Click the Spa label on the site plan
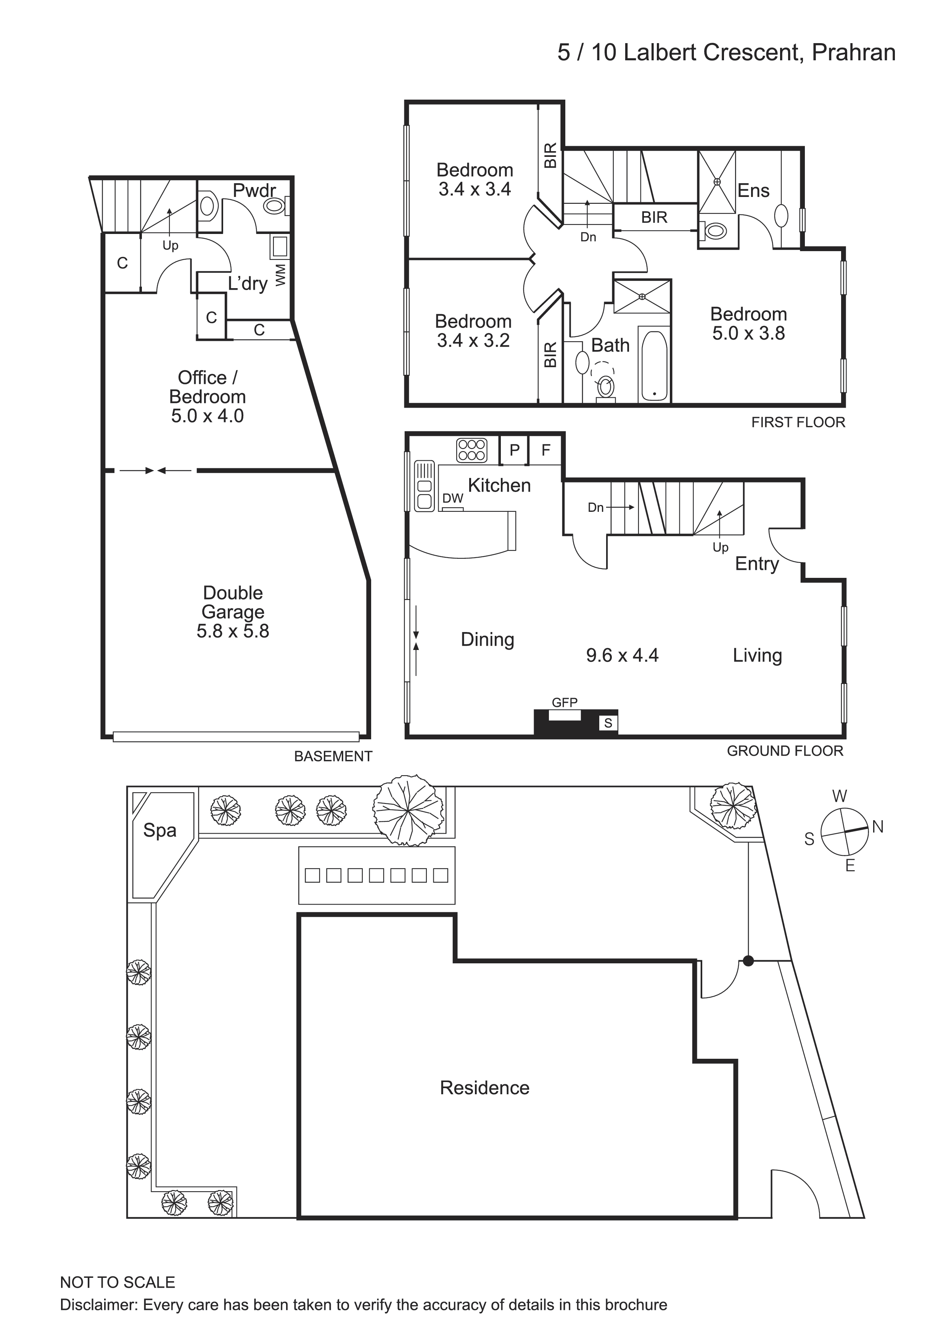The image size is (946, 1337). tap(159, 831)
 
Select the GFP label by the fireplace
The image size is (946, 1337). tap(565, 703)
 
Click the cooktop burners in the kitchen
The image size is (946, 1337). tap(471, 450)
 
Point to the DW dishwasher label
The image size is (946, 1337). tap(453, 498)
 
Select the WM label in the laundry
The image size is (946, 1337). tap(281, 275)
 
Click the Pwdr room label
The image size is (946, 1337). tap(254, 190)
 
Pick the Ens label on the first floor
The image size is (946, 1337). tap(753, 190)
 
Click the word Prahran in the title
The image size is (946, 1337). tap(853, 53)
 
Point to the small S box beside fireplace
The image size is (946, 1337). tap(608, 723)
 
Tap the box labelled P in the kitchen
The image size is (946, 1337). tap(514, 450)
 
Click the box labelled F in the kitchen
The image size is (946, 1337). tap(546, 450)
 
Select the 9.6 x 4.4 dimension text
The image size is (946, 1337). tap(622, 656)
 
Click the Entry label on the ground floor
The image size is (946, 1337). tap(757, 564)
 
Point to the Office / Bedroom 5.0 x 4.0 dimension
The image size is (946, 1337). tap(208, 416)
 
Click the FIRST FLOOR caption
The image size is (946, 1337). tap(798, 422)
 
